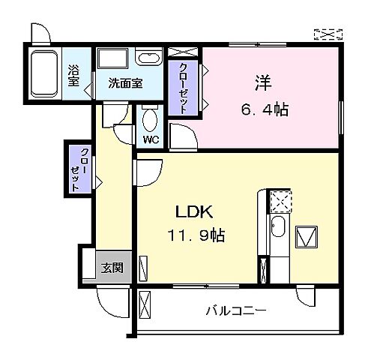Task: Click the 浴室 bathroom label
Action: click(x=73, y=76)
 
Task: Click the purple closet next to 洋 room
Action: click(x=182, y=88)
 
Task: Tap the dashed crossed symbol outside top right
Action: click(x=328, y=34)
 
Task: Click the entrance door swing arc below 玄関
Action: click(x=110, y=303)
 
